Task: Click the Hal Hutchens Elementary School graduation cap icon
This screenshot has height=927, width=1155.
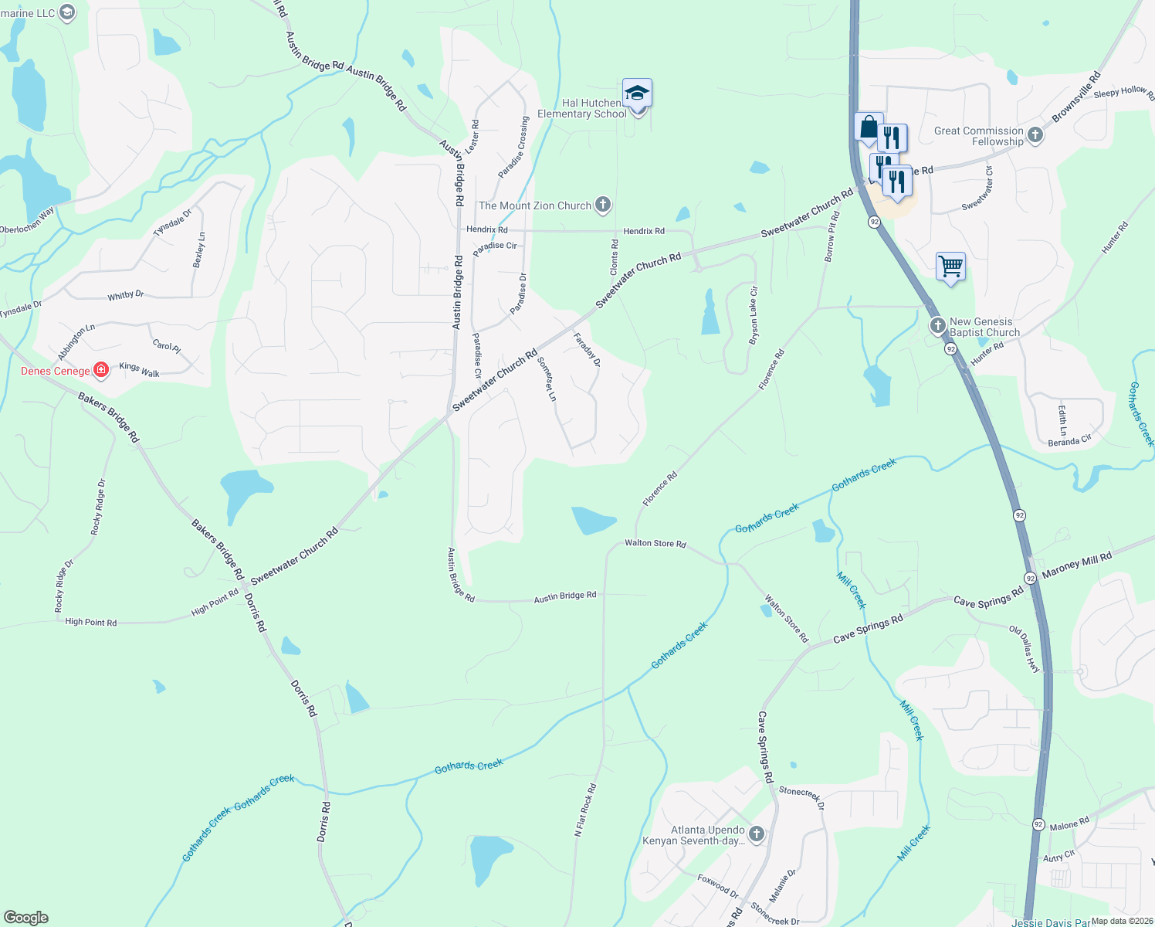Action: coord(637,93)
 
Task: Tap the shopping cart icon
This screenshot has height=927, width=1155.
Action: coord(950,267)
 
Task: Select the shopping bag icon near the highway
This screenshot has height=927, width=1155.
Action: coord(869,127)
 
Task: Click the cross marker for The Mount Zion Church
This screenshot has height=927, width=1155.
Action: coord(603,205)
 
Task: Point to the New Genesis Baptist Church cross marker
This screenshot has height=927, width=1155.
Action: coord(937,326)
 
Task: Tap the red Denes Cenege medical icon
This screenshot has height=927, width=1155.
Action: coord(100,370)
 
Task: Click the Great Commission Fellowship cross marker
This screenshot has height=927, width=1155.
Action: coord(1035,136)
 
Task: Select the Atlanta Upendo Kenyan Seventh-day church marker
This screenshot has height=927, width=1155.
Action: coord(757,834)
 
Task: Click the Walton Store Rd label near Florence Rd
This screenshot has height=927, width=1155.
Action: coord(655,543)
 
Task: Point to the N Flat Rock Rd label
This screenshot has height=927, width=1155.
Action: coord(585,810)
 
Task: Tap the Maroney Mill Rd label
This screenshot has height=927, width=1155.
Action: coord(1076,565)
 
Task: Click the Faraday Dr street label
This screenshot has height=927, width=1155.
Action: coord(587,349)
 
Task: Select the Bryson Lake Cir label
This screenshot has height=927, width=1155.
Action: coord(754,315)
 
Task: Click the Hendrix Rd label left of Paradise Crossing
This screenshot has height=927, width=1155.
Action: coord(486,229)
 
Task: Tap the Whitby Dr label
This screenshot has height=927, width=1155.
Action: coord(126,295)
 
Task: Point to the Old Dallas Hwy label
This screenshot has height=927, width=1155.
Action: coord(1025,649)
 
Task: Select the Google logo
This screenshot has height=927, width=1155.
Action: coord(25,918)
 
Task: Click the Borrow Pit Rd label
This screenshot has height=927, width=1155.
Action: coord(831,238)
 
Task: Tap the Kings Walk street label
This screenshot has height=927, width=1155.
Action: coord(139,370)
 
